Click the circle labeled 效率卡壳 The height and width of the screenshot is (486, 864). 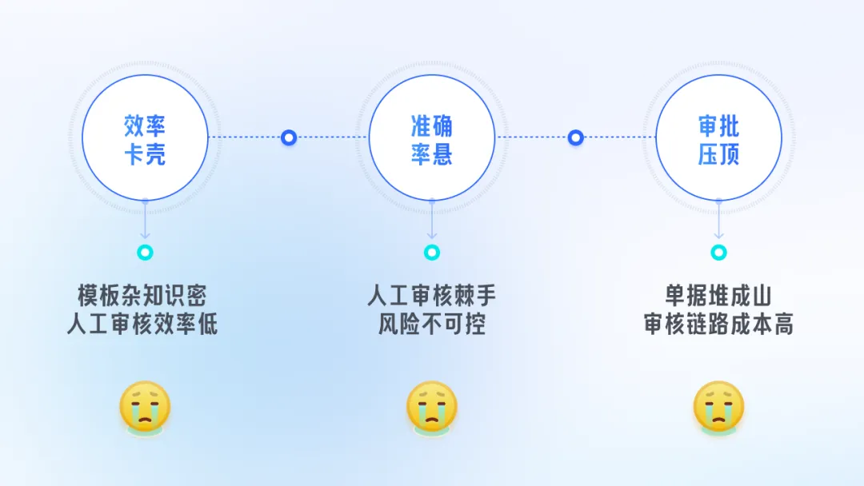point(145,137)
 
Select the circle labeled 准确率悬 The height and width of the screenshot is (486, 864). point(432,137)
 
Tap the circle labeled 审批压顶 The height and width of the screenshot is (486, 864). point(718,137)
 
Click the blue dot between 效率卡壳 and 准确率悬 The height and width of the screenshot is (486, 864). point(289,137)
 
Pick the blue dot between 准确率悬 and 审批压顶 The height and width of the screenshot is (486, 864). point(575,137)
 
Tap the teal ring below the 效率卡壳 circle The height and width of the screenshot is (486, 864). point(145,253)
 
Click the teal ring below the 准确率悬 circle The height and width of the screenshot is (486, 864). point(432,253)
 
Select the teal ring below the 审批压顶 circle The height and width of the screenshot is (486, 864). point(718,253)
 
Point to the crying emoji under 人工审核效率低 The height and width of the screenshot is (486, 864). point(145,408)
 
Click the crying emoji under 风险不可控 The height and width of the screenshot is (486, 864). point(432,408)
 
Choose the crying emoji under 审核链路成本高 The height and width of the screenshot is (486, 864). point(718,408)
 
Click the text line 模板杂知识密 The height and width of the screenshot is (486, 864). point(142,296)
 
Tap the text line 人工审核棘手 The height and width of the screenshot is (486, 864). point(432,296)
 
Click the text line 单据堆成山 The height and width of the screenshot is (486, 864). point(718,296)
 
